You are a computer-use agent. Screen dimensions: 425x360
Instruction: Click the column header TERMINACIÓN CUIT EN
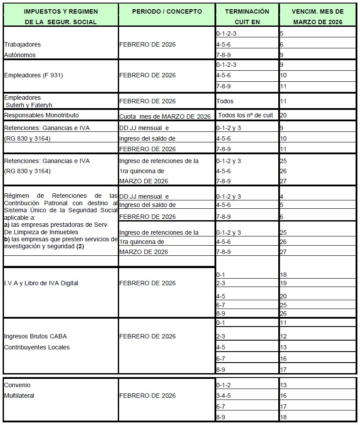247,16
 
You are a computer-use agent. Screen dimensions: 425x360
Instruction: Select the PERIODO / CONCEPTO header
167,11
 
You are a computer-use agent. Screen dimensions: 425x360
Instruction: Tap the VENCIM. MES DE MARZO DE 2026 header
318,16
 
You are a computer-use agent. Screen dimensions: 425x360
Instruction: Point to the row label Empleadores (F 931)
33,75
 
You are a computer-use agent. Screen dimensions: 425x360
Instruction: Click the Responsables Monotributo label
41,115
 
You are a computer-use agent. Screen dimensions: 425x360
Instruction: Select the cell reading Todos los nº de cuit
245,115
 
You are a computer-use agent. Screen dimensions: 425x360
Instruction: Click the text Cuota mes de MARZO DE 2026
165,116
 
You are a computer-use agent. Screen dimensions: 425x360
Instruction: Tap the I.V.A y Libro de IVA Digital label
41,283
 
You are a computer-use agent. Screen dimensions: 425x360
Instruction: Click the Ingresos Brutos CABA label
36,336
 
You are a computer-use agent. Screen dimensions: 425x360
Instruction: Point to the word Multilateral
19,396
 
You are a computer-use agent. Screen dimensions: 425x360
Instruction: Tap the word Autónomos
20,55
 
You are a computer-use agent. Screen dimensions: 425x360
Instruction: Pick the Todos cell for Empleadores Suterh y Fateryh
225,101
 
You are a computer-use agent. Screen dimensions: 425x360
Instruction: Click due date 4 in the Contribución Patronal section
281,196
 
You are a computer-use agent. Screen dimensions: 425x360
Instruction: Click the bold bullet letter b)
7,239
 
